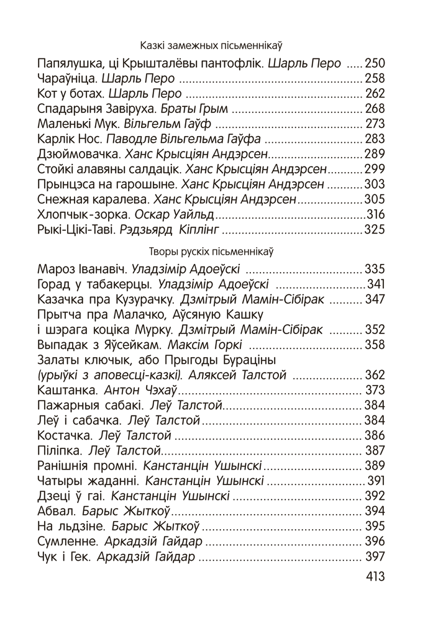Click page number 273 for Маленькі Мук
[375, 124]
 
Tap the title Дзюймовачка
[79, 153]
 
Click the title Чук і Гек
[64, 556]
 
